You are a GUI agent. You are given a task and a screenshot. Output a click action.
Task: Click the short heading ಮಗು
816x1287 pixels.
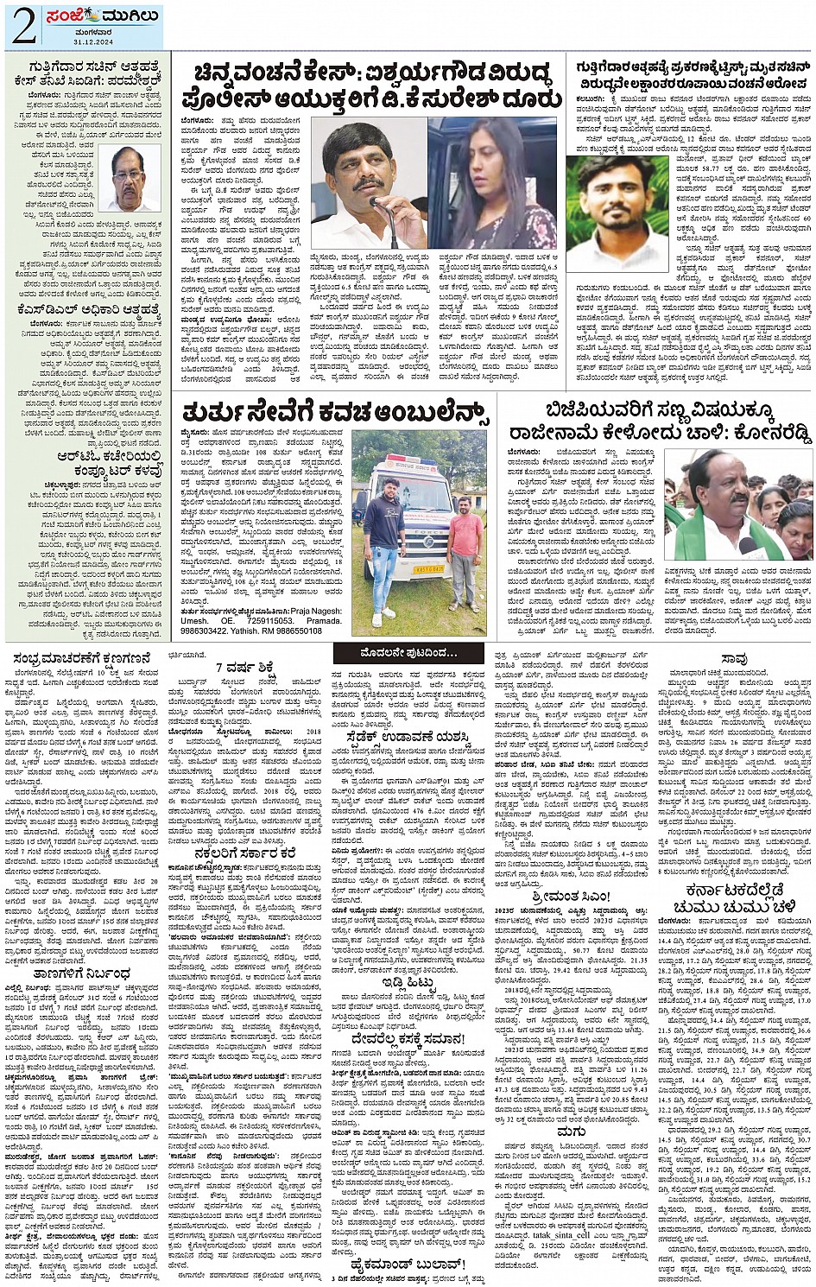coord(571,1132)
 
